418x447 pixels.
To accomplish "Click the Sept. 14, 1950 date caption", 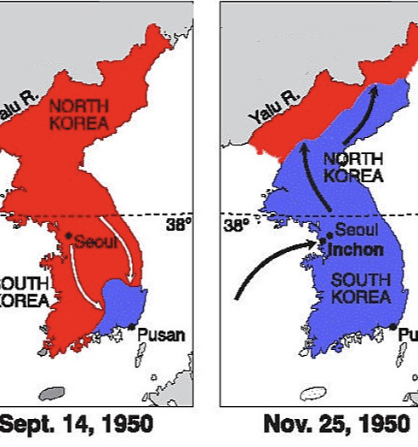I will [77, 424].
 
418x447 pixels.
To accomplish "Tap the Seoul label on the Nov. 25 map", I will [351, 230].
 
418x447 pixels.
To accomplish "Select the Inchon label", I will [354, 250].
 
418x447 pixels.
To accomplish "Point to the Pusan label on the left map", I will [163, 334].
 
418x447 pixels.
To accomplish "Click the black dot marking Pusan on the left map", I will [132, 327].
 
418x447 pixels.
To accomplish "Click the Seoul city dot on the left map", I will [67, 235].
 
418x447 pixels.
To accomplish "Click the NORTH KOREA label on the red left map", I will [78, 114].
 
